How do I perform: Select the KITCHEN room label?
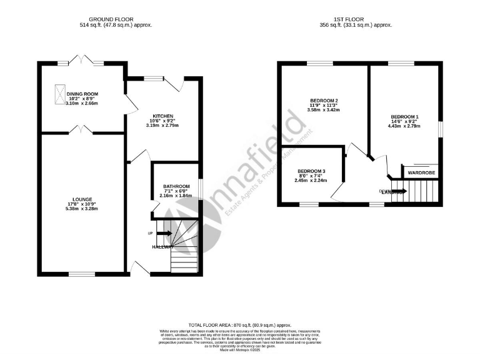point(163,116)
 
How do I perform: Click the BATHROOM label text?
point(175,186)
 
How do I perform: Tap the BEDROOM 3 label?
point(311,171)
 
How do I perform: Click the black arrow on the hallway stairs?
point(164,234)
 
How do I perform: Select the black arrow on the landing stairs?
point(399,191)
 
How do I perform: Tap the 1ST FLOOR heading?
point(356,19)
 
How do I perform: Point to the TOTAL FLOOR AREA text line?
point(241,326)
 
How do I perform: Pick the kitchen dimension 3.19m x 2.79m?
point(163,126)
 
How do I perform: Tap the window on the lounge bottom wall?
point(82,274)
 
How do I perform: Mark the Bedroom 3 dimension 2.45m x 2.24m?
point(311,181)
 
